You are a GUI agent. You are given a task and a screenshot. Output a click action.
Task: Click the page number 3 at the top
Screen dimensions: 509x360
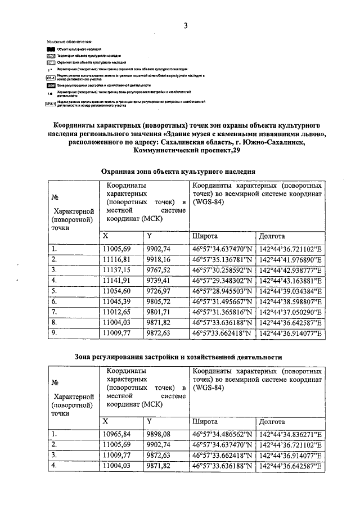click(x=184, y=26)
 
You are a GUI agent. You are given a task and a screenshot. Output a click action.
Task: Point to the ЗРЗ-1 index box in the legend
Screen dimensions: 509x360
click(x=50, y=102)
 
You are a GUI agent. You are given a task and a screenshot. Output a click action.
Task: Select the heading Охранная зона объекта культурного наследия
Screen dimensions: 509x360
click(x=178, y=171)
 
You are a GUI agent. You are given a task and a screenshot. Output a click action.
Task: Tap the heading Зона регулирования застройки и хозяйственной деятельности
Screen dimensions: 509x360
click(x=178, y=357)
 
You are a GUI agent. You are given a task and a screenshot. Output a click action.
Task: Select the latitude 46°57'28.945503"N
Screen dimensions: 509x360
click(x=222, y=291)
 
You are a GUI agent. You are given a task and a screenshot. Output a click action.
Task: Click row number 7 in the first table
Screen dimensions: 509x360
click(x=54, y=312)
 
